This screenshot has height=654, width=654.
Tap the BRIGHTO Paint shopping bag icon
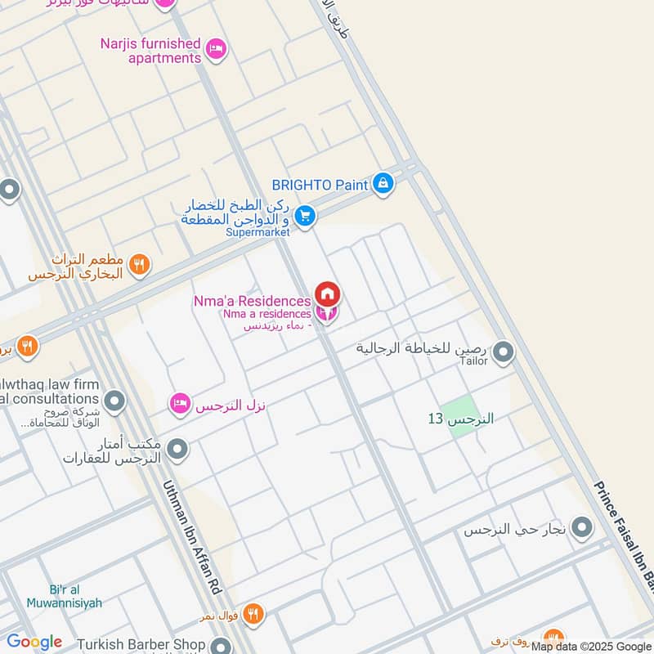click(x=382, y=185)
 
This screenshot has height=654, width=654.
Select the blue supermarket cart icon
click(x=305, y=216)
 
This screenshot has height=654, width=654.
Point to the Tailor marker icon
click(x=504, y=353)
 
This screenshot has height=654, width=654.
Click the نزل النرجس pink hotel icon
click(x=180, y=403)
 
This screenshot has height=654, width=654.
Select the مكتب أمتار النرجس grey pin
click(x=177, y=449)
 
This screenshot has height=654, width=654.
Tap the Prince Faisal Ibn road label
click(x=627, y=540)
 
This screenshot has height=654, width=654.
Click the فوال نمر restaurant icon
click(x=254, y=613)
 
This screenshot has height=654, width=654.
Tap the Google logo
click(x=34, y=642)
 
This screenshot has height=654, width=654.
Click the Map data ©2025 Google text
click(x=589, y=647)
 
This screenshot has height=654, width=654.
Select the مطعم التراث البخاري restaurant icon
click(x=140, y=264)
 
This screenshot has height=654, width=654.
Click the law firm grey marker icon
click(x=115, y=401)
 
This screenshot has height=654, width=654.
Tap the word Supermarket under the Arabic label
click(x=258, y=232)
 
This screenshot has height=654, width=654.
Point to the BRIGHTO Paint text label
click(x=320, y=185)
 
